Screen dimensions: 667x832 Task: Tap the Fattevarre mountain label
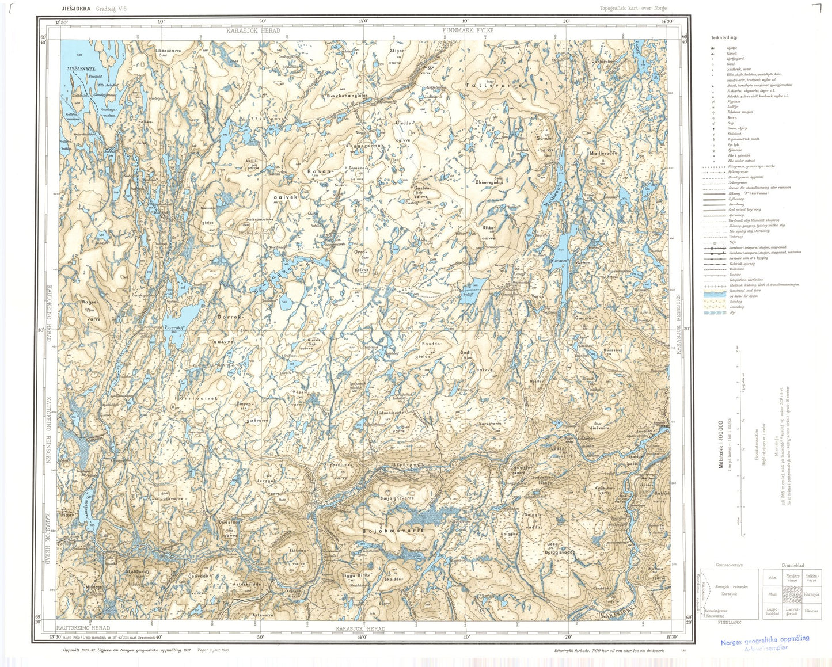coord(493,85)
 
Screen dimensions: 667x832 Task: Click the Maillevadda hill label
coord(603,154)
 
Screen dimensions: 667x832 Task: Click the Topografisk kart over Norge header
coord(633,8)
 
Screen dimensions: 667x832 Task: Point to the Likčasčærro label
coord(168,51)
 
